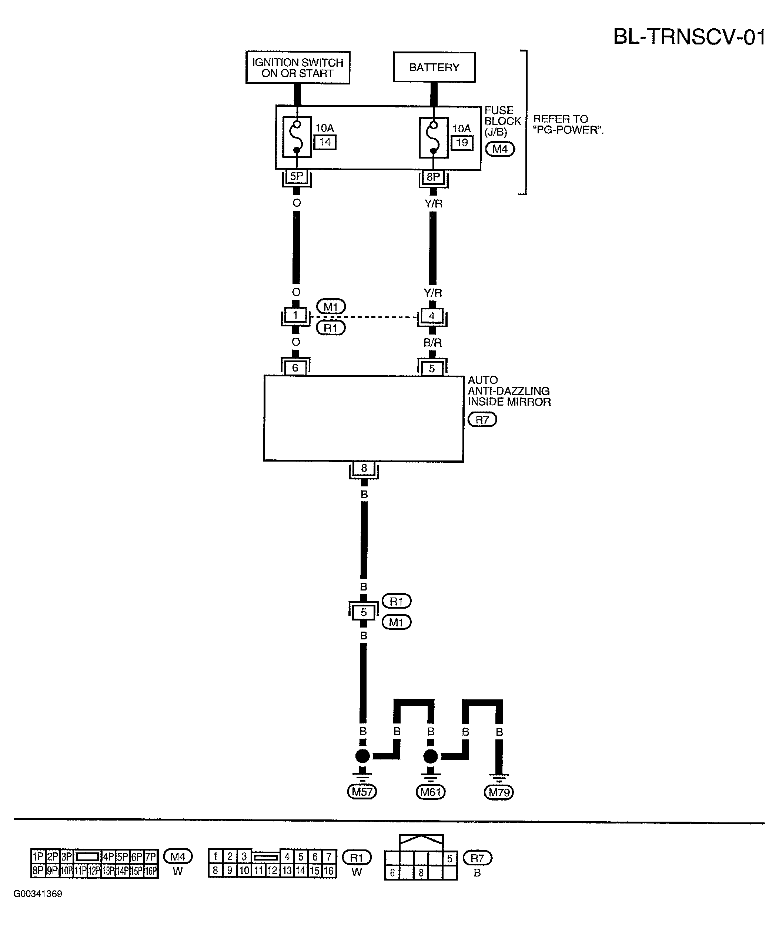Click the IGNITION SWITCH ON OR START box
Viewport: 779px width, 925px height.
click(x=298, y=67)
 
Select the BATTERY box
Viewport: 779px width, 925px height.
click(x=434, y=67)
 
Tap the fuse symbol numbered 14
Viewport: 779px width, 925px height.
click(x=297, y=137)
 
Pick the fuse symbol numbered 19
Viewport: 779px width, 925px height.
click(x=433, y=137)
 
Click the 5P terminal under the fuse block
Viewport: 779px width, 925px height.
click(x=297, y=177)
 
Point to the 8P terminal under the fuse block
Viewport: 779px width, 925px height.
click(x=433, y=177)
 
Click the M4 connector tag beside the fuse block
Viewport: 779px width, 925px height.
click(x=500, y=149)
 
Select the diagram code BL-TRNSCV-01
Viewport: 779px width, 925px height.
click(x=689, y=37)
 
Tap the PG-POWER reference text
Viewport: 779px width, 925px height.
click(x=568, y=124)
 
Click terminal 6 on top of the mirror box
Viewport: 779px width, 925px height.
click(x=295, y=367)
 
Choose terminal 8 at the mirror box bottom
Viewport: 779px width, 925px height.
click(x=364, y=468)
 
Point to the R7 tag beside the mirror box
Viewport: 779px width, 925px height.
click(x=482, y=419)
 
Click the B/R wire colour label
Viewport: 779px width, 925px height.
click(x=433, y=342)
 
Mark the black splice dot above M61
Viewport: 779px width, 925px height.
click(x=431, y=756)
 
